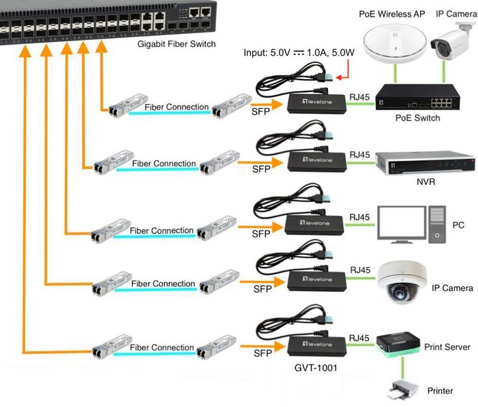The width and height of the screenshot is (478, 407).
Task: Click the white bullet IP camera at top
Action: coord(454,42)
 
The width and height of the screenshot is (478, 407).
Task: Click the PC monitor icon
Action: coord(401,222)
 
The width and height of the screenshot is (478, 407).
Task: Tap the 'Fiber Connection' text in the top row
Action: coord(176,106)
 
